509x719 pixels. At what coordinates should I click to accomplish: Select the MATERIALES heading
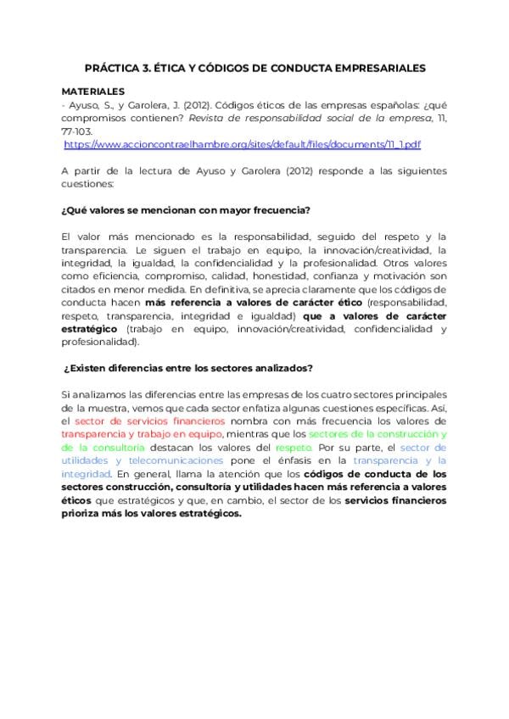(x=93, y=90)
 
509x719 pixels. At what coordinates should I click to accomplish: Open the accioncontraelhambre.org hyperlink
(x=243, y=145)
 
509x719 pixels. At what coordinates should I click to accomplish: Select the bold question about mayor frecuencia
(x=186, y=210)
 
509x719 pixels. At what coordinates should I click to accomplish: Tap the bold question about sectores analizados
(x=189, y=367)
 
